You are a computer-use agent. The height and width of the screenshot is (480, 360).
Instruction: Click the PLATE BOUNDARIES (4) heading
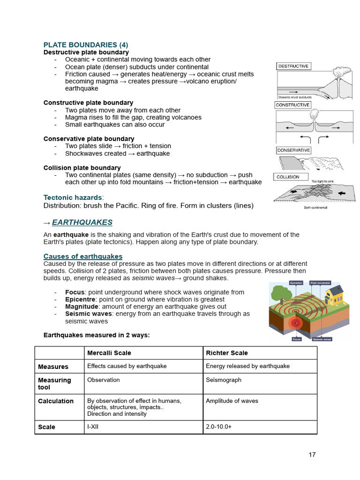85,45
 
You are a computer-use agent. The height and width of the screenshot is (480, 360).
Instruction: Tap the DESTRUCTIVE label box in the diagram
293,67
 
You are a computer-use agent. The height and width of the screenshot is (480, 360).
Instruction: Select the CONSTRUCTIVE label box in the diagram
292,105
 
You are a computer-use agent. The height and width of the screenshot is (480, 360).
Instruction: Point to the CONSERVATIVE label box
293,150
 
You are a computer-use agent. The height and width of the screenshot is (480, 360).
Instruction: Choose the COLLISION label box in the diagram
288,177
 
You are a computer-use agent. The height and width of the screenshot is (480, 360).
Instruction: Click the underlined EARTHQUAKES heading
82,222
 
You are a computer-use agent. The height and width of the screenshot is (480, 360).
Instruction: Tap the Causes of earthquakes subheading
83,256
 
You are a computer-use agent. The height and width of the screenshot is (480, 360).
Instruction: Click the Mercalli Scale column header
109,353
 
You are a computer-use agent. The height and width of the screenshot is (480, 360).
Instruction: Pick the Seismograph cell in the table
224,380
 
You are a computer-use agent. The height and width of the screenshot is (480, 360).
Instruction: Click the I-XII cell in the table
94,427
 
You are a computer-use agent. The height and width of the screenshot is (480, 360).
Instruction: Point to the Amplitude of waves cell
232,401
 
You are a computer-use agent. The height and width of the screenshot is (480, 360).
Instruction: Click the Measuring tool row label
54,383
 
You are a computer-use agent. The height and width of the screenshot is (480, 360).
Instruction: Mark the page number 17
312,455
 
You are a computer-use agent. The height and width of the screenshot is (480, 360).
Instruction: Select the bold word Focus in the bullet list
75,292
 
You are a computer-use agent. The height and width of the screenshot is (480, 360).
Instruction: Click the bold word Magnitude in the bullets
81,307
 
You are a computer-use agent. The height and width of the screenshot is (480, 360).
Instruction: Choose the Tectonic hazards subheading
73,198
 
